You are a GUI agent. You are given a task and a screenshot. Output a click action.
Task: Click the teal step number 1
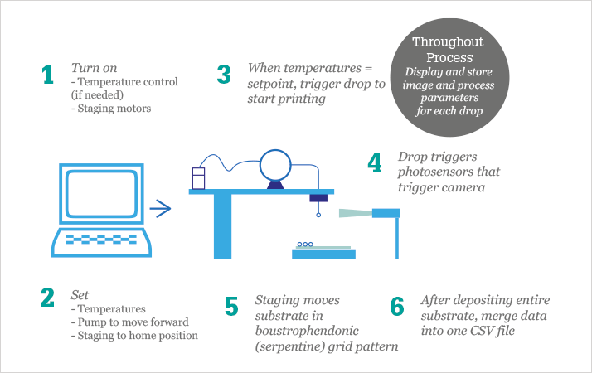[47, 75]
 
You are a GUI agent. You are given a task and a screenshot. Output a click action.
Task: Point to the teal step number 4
[375, 162]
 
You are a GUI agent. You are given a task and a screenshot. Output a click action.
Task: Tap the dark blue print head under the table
[318, 197]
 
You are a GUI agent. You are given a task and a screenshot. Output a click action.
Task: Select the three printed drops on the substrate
[305, 245]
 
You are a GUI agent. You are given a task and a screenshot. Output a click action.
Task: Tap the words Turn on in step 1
[90, 67]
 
